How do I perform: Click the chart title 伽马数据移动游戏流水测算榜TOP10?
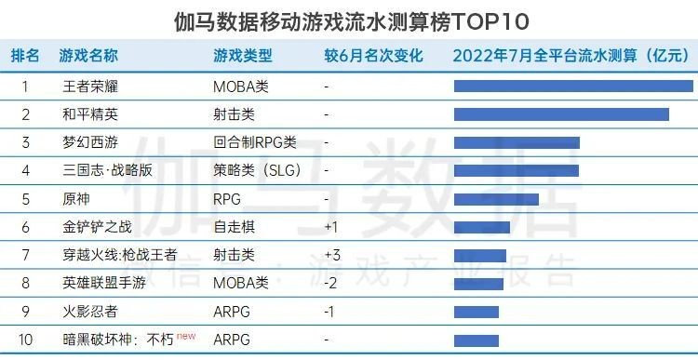click(349, 20)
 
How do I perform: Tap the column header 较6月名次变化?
click(373, 56)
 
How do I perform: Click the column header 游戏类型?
click(244, 56)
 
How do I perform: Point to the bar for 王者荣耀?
click(573, 87)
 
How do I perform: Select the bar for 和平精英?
click(561, 114)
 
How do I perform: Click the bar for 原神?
click(496, 199)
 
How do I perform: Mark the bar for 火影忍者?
click(477, 312)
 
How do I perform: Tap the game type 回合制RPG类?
click(254, 142)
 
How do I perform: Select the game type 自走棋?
click(234, 227)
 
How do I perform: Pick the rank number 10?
click(25, 340)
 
